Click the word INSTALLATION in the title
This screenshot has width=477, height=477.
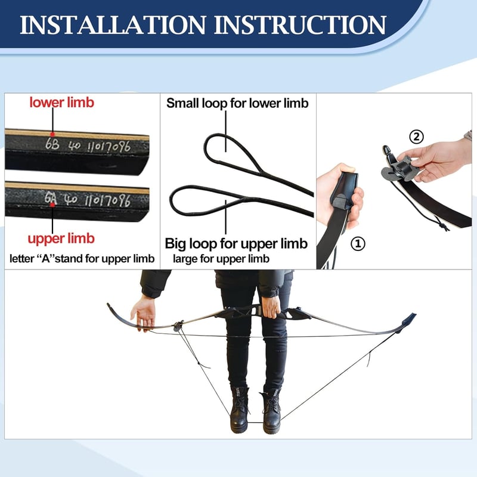click(113, 25)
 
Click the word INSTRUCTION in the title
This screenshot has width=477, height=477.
click(301, 25)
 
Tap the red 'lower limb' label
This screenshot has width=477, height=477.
click(62, 102)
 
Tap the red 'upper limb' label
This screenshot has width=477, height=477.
click(61, 238)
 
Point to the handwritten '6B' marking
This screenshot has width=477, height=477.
click(52, 144)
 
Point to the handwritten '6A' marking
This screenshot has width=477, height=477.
click(51, 199)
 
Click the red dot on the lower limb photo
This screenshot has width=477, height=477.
click(52, 134)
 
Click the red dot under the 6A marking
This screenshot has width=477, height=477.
click(52, 205)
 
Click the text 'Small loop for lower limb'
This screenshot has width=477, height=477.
click(237, 103)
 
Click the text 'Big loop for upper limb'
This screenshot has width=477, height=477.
click(236, 243)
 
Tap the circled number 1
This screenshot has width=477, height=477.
click(358, 243)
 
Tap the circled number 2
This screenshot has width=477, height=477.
click(416, 137)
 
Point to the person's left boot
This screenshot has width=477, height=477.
click(271, 410)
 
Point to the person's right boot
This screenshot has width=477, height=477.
click(239, 409)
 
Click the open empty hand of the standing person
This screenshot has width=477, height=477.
click(144, 314)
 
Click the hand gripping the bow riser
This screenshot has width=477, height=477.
click(271, 307)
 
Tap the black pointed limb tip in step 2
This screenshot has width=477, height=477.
click(386, 150)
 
